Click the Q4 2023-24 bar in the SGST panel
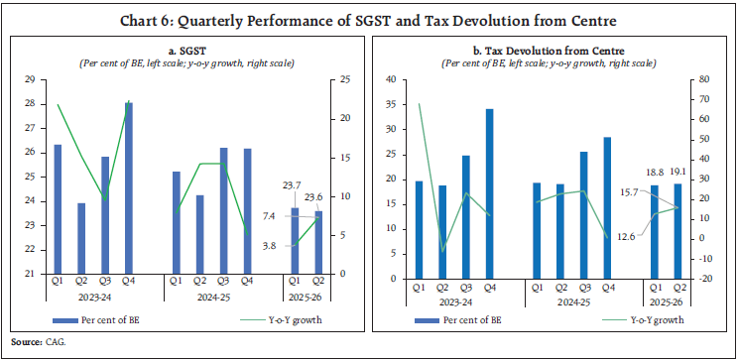(x=128, y=187)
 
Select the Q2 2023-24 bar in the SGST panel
(x=80, y=238)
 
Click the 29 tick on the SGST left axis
(x=29, y=79)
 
